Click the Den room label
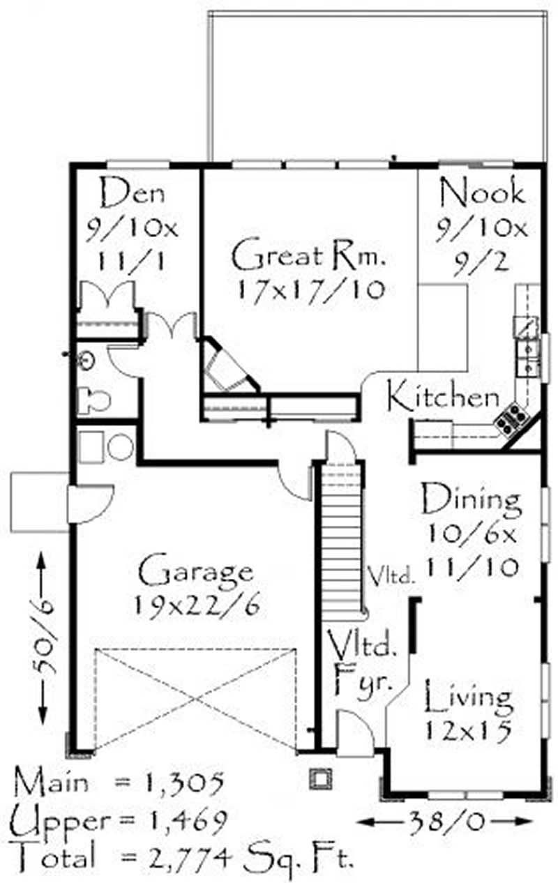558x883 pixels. click(x=133, y=193)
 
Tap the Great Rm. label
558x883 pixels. click(x=308, y=256)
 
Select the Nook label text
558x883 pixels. click(x=482, y=192)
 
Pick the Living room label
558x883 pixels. click(x=469, y=697)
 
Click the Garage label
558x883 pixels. click(x=195, y=572)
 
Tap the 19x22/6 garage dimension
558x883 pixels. click(x=197, y=605)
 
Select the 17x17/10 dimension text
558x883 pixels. click(x=310, y=292)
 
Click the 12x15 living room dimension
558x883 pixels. click(x=468, y=730)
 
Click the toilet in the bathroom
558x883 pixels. click(x=93, y=400)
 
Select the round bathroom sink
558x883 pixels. click(x=86, y=360)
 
